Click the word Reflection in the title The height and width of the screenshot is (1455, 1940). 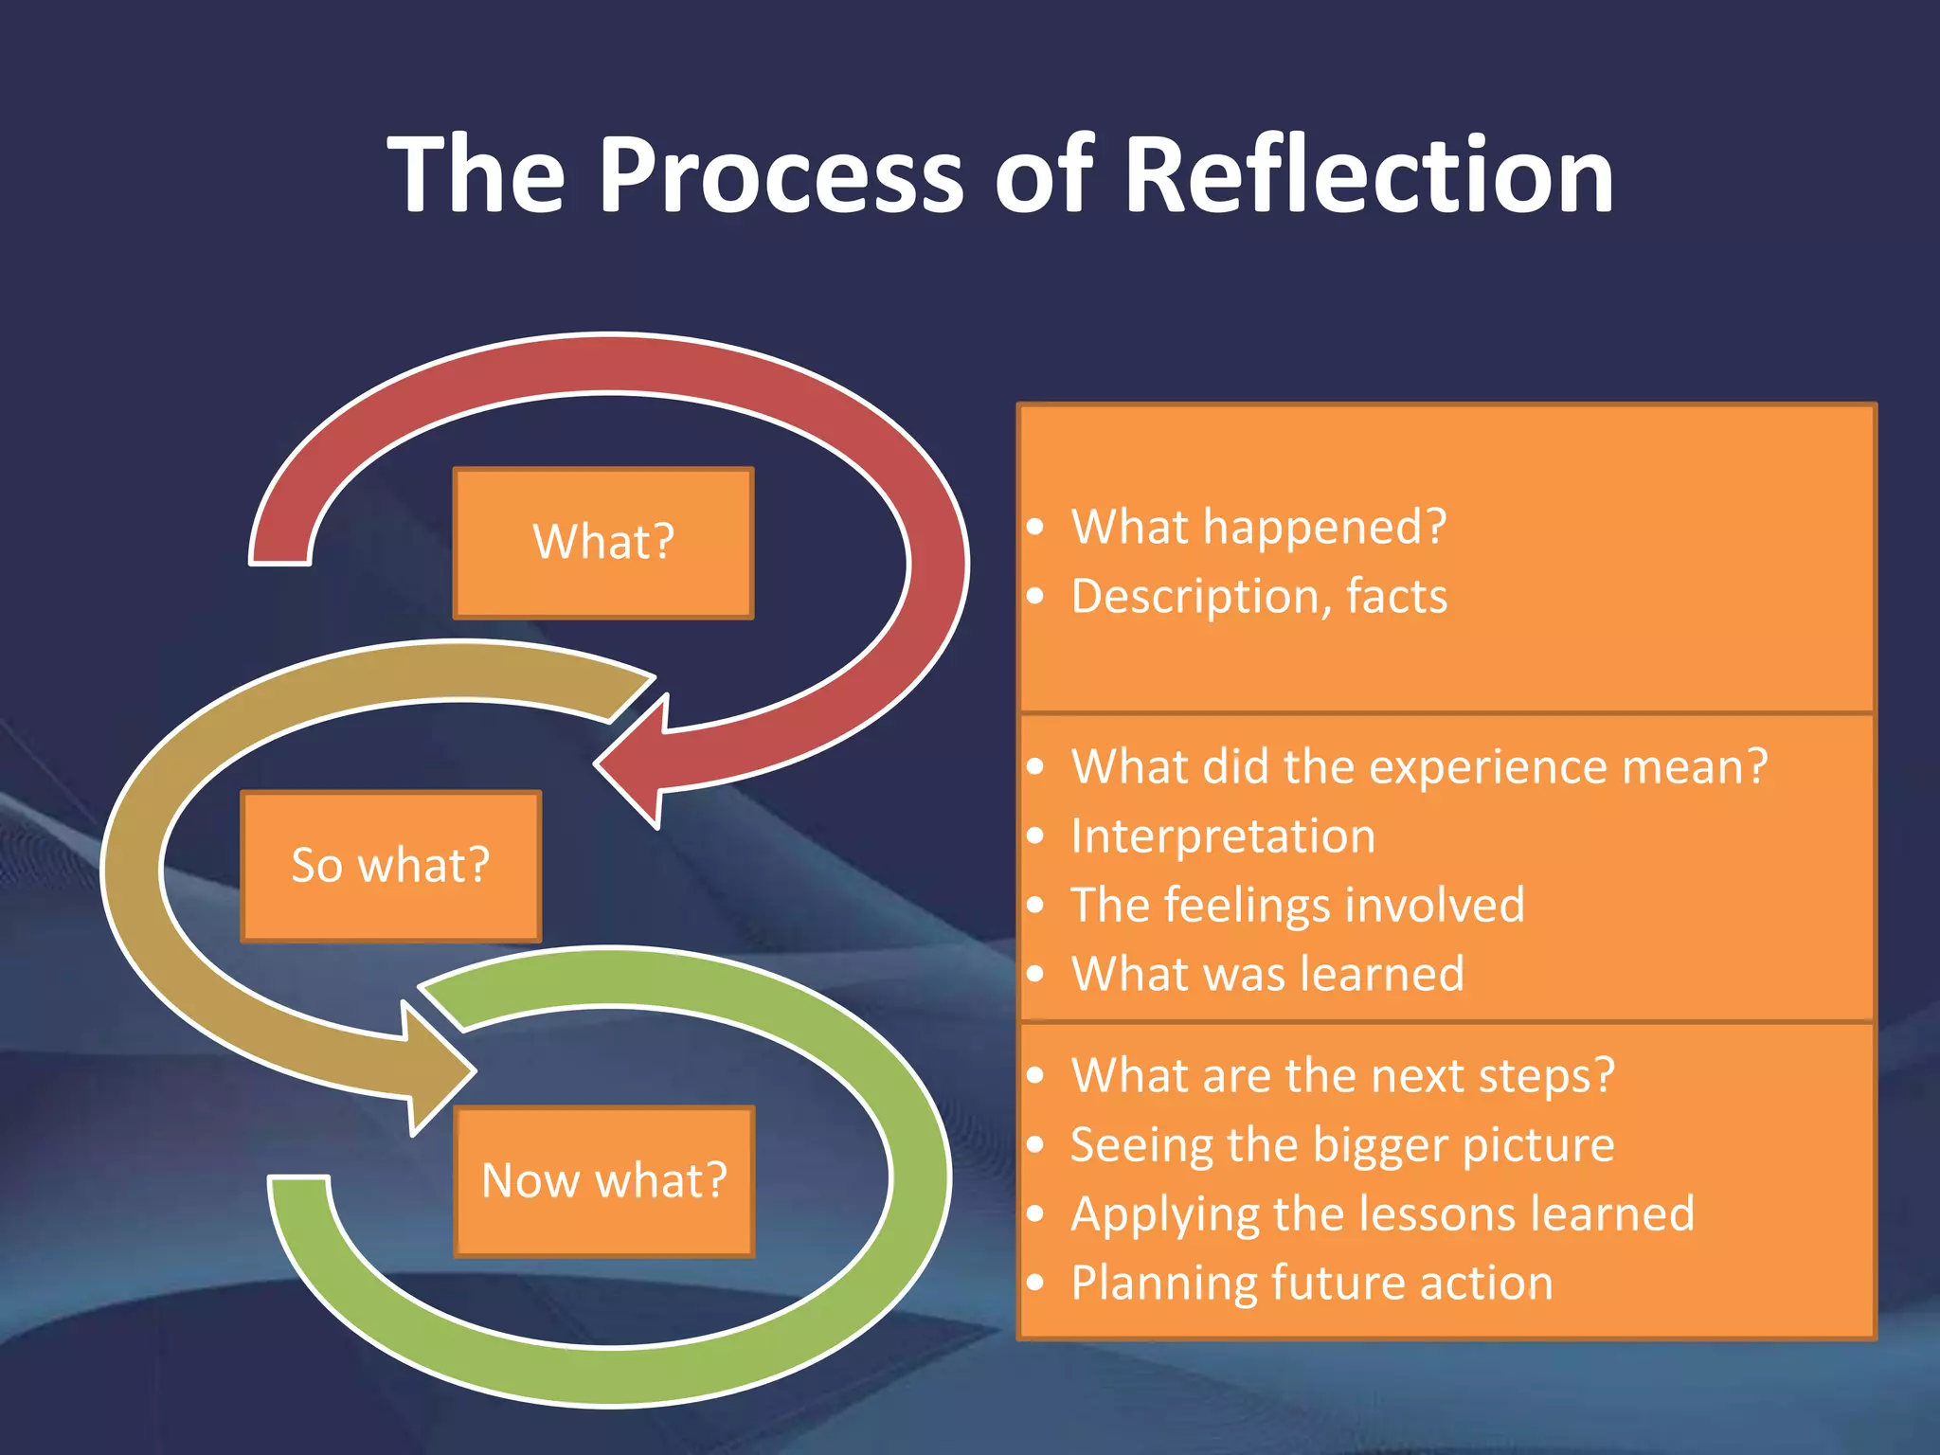click(1368, 175)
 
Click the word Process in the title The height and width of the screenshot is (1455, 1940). click(781, 175)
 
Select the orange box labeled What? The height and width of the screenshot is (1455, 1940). click(603, 543)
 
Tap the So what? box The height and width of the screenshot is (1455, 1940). click(390, 866)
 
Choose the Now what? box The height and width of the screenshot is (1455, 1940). click(604, 1181)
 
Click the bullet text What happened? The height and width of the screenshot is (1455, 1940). click(1258, 527)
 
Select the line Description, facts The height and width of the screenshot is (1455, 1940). click(1259, 597)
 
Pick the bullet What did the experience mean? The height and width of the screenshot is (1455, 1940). click(1419, 766)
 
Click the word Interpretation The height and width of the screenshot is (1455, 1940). click(1222, 836)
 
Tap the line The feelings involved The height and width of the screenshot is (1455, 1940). click(1297, 905)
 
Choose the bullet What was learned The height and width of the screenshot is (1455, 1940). click(1266, 974)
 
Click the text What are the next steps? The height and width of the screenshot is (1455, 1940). click(1341, 1076)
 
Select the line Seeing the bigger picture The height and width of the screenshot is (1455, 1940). click(1341, 1145)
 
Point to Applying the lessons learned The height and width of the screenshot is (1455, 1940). click(1382, 1214)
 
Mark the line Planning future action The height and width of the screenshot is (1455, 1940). click(1311, 1284)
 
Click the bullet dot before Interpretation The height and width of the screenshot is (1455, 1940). click(1035, 836)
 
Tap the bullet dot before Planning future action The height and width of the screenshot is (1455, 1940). click(1035, 1284)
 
